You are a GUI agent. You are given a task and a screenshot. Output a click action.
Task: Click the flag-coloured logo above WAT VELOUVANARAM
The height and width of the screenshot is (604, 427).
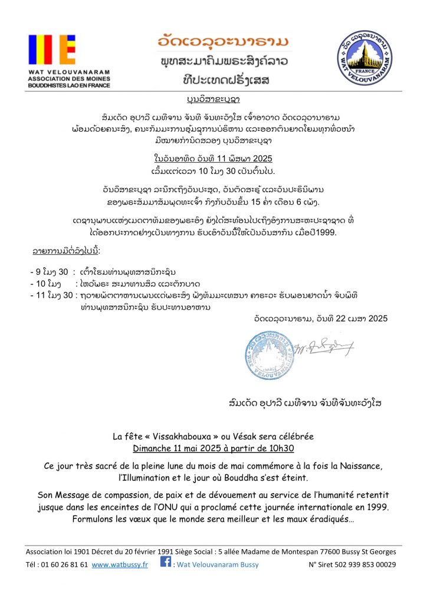(52, 50)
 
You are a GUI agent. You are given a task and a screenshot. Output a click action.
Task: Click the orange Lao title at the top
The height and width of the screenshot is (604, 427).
(224, 43)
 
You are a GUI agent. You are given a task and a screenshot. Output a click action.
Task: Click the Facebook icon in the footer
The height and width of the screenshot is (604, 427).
(166, 563)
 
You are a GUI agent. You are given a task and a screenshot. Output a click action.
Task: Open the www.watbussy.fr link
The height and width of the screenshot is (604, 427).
(120, 564)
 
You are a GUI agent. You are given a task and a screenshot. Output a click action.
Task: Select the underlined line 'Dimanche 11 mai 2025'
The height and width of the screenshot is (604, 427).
(213, 448)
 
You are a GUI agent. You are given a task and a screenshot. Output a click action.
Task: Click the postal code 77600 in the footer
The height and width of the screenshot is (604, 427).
(327, 552)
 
